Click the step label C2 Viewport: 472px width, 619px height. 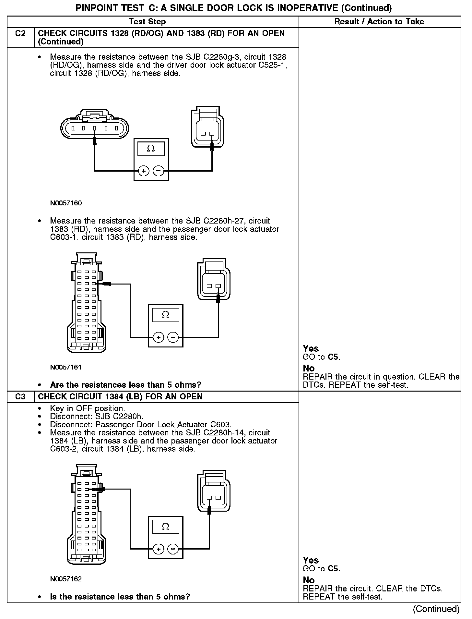[x=20, y=33]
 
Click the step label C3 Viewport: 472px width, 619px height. [x=20, y=396]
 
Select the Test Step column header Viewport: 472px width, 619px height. [x=147, y=22]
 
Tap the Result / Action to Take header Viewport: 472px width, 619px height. [x=379, y=22]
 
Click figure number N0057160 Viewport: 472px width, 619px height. [x=66, y=203]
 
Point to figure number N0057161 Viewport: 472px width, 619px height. [x=66, y=367]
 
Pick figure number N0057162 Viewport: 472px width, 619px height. [x=66, y=579]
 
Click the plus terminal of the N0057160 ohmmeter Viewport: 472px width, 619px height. [x=144, y=171]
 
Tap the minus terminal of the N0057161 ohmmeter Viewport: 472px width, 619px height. [x=173, y=337]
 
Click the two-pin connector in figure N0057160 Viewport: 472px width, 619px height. [x=207, y=128]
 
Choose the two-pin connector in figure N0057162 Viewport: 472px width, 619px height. [x=214, y=493]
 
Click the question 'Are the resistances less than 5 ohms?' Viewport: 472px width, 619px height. [x=125, y=385]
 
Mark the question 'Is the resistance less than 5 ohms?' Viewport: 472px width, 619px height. [x=120, y=597]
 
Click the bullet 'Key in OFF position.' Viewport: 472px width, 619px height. [x=87, y=408]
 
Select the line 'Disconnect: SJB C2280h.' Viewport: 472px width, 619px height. [x=97, y=416]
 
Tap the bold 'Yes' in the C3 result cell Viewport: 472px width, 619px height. [x=311, y=560]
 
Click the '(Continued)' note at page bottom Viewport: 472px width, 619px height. [x=436, y=609]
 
